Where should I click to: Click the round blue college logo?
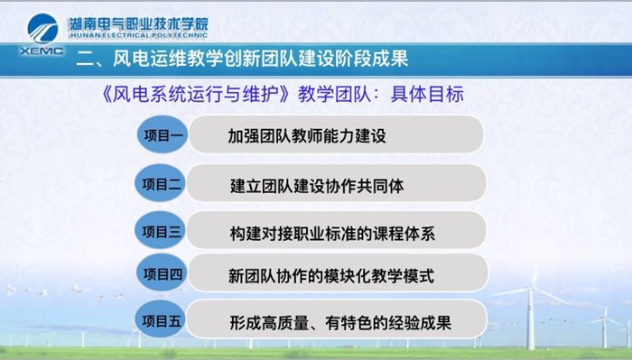click(x=42, y=28)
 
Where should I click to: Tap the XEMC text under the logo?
click(x=42, y=51)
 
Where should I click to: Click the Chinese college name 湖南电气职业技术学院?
click(x=138, y=24)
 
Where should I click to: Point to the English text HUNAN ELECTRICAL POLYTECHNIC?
click(x=138, y=35)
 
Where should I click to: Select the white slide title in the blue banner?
click(x=242, y=59)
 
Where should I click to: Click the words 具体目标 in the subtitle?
click(x=427, y=94)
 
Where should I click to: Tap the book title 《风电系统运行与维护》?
click(x=196, y=94)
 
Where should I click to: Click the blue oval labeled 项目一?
click(x=163, y=134)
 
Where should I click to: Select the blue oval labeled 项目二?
click(x=161, y=184)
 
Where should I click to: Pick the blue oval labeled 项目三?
click(x=161, y=231)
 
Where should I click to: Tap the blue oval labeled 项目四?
click(x=162, y=273)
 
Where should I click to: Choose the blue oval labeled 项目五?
click(x=160, y=319)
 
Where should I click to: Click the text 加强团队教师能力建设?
click(x=307, y=135)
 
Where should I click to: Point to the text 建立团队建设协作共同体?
click(x=317, y=186)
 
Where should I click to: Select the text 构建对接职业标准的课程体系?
click(x=332, y=233)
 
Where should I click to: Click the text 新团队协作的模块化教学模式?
click(x=331, y=276)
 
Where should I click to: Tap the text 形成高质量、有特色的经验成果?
click(x=340, y=322)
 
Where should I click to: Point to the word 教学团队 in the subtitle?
click(x=334, y=94)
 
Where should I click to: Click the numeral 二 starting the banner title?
click(x=85, y=60)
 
